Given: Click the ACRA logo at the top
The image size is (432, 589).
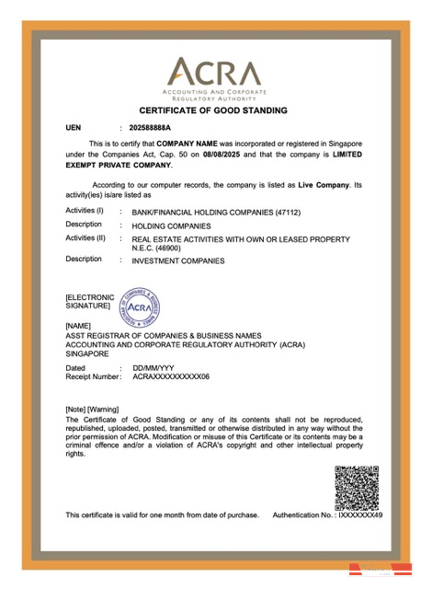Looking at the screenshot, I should [213, 73].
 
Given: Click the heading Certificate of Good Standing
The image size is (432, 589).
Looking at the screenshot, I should [213, 110].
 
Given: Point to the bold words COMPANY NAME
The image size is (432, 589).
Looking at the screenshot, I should [188, 144].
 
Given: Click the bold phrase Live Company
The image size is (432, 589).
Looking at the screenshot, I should [322, 185].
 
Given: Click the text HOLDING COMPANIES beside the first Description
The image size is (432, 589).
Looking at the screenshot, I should [171, 225].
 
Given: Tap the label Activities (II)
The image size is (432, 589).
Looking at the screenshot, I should [85, 238].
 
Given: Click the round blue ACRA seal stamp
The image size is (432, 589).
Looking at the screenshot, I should [141, 306].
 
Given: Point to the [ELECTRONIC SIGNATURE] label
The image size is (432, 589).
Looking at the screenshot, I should [88, 302].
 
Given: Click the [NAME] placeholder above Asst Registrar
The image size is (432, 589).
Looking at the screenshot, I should [81, 326].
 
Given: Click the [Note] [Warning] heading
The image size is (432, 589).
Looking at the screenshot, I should [99, 409].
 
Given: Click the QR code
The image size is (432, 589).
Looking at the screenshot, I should [357, 489].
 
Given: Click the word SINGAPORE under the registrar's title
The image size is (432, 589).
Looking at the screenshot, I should [87, 353].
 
